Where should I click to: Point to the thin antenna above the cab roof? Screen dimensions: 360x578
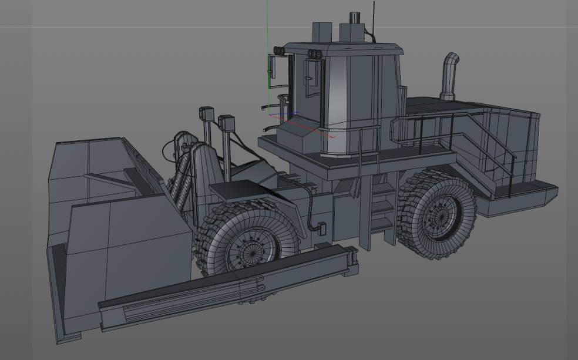pyautogui.click(x=374, y=15)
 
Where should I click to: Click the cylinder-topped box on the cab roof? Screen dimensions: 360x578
pyautogui.click(x=354, y=29)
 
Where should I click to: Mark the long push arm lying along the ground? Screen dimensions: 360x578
pyautogui.click(x=229, y=288)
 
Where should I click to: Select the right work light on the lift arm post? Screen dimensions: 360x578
pyautogui.click(x=227, y=123)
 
